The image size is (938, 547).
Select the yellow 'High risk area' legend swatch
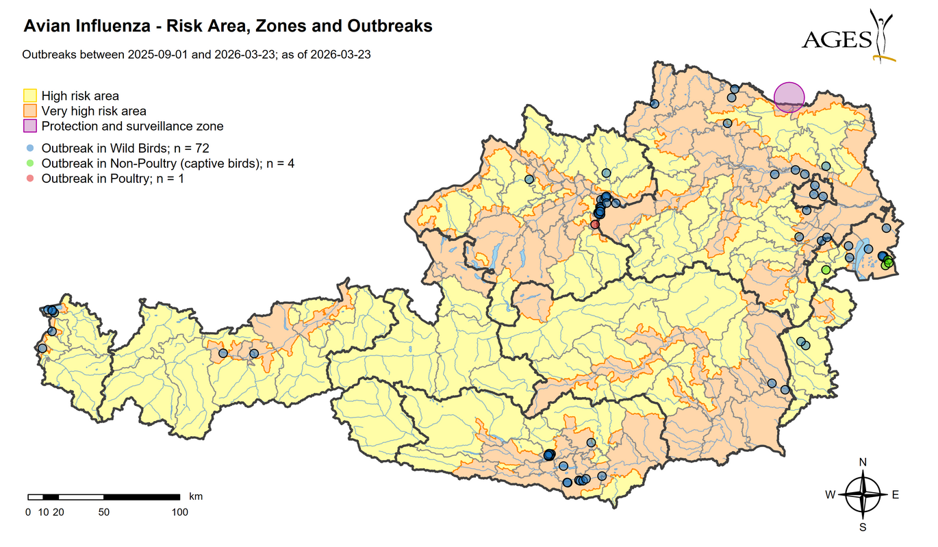30,96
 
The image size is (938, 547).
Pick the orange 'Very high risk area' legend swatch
30,111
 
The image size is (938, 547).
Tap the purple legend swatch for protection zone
30,126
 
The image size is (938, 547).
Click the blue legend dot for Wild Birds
29,148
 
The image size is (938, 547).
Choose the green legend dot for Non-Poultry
29,163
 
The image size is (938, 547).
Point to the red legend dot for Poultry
29,179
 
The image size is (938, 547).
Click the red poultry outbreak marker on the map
595,224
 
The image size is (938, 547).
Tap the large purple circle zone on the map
789,97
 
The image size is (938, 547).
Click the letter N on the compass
863,462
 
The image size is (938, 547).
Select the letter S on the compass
863,527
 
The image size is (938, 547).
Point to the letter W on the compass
830,495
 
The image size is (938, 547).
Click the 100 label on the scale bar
179,511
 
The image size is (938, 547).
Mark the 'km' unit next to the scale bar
195,496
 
